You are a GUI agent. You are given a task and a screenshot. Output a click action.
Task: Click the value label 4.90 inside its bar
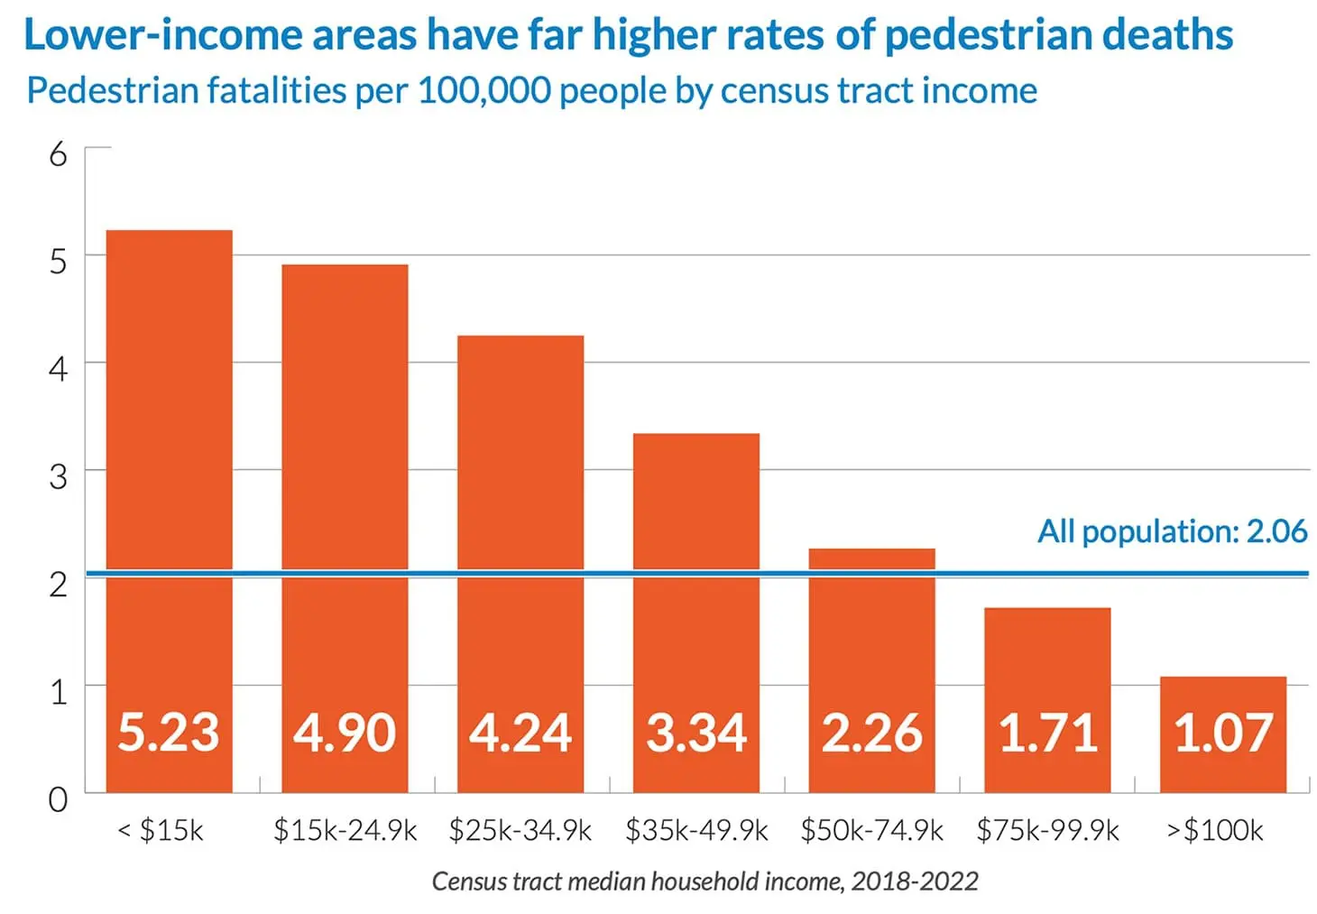345,732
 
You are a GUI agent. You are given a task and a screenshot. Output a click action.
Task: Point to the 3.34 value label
696,732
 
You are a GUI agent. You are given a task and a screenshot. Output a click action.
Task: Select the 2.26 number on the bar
871,732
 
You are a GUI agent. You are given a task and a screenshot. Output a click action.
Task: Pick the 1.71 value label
1047,732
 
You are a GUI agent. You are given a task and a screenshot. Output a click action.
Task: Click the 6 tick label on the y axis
59,154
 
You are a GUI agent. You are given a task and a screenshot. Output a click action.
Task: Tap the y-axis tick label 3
59,475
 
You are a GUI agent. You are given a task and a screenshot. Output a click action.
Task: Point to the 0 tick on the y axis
59,799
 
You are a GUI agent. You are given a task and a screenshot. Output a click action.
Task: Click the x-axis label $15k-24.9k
345,830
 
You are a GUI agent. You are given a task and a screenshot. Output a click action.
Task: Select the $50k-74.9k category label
871,830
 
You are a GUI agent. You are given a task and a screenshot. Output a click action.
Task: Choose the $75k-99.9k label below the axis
1047,830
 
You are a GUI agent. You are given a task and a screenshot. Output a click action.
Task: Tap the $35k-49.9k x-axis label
696,830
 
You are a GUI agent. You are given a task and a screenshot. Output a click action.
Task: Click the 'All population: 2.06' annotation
1172,531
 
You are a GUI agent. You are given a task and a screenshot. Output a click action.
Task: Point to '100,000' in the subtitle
483,91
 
